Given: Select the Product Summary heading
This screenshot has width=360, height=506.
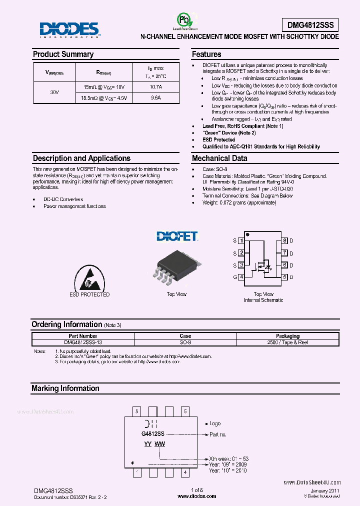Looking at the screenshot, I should [x=63, y=54].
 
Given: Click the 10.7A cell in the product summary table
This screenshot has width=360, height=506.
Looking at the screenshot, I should [x=155, y=87].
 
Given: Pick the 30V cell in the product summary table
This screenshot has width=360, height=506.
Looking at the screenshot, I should [x=54, y=92].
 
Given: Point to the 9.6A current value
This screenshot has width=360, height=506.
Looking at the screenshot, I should [x=155, y=98].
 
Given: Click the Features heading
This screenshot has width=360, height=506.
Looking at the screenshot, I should [x=206, y=54].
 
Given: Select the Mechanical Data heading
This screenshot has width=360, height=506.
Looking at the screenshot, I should [x=219, y=158].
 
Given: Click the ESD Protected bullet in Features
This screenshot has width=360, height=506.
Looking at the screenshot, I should [x=218, y=139].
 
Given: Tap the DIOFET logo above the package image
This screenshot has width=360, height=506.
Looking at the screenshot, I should [x=176, y=236].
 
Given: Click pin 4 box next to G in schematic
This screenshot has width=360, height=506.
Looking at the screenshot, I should [x=241, y=277].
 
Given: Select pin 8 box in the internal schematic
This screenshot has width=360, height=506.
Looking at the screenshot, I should [x=284, y=240].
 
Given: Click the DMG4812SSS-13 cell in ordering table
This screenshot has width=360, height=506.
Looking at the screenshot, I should [x=83, y=342].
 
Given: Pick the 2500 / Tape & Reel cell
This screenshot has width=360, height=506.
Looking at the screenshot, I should [x=287, y=342].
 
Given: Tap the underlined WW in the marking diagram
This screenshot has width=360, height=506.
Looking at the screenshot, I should [x=159, y=444].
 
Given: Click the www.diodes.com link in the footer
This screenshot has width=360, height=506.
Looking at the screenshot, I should [x=197, y=496].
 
